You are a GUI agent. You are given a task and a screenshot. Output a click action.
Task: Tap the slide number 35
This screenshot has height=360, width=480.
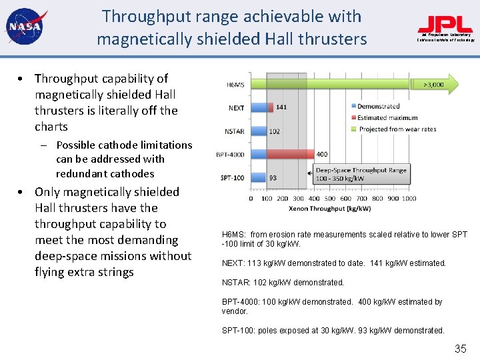460,349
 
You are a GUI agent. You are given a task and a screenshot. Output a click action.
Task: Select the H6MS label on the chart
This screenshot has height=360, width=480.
235,85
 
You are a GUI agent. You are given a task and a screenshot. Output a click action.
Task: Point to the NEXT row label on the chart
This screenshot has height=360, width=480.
236,108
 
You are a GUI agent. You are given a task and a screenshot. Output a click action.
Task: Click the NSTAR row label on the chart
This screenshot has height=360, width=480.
235,131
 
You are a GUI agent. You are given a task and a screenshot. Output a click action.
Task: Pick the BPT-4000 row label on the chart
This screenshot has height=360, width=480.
231,155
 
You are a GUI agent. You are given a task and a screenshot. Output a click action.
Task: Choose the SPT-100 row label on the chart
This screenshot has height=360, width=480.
233,177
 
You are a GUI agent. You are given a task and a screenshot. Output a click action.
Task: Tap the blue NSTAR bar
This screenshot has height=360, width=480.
258,131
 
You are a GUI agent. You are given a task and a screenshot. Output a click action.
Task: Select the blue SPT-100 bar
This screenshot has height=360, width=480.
257,177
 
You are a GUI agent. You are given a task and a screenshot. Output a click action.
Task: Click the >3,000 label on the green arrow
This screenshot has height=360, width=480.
434,85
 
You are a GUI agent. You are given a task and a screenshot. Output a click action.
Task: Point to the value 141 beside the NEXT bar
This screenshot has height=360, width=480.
281,107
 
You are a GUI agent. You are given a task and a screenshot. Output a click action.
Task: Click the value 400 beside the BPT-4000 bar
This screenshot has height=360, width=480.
322,155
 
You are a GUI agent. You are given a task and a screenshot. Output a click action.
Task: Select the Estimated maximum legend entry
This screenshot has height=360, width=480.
387,118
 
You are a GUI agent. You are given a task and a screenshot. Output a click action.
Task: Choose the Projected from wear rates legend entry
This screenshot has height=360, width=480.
397,129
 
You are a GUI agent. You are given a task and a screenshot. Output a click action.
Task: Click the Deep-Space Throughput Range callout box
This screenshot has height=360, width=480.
361,175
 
